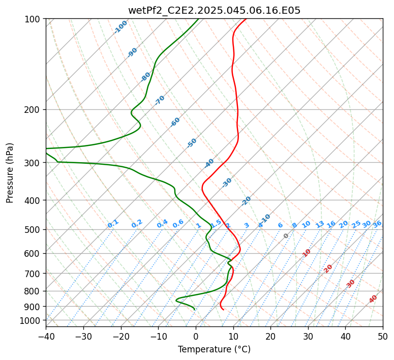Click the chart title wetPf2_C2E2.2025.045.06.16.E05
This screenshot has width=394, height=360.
point(215,11)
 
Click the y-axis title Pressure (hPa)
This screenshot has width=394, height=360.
point(10,173)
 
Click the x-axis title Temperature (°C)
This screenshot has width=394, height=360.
point(215,349)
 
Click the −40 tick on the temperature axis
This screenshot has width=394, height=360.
point(46,336)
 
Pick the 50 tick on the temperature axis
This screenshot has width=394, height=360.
point(383,336)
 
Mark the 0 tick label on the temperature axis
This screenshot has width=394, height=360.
point(196,336)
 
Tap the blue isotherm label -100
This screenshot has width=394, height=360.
point(120,27)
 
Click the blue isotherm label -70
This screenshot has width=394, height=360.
point(160,100)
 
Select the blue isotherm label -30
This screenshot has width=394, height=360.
point(226,183)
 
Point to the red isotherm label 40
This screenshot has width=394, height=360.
point(373,299)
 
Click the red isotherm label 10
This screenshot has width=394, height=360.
point(307,253)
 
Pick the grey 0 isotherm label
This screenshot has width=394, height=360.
point(286,236)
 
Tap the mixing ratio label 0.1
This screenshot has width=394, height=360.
point(113,224)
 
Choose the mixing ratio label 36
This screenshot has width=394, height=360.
point(377,224)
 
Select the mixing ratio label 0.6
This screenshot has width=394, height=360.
point(178,224)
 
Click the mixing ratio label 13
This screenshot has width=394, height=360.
point(320,224)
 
